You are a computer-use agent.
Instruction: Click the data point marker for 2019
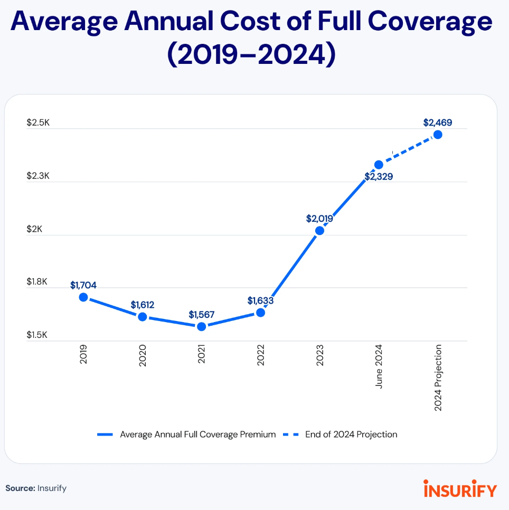(83, 297)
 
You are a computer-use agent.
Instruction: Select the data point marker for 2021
(201, 327)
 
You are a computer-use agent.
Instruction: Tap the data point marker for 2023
(319, 231)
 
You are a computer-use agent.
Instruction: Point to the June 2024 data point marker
(379, 165)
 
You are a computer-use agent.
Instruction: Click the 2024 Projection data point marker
(438, 135)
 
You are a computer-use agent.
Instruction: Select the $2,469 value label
(438, 122)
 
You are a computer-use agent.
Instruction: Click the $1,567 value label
(201, 315)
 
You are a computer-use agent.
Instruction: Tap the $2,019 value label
(319, 218)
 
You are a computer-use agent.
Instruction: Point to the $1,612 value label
(142, 305)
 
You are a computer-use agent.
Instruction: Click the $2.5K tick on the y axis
(38, 123)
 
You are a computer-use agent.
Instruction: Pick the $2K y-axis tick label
(34, 230)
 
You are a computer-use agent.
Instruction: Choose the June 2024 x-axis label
(379, 367)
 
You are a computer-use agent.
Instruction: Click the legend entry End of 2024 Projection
(351, 435)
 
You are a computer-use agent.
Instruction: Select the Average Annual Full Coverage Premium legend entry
(197, 435)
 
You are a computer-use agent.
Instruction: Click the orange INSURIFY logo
(459, 489)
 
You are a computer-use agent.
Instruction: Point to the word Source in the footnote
(20, 488)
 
